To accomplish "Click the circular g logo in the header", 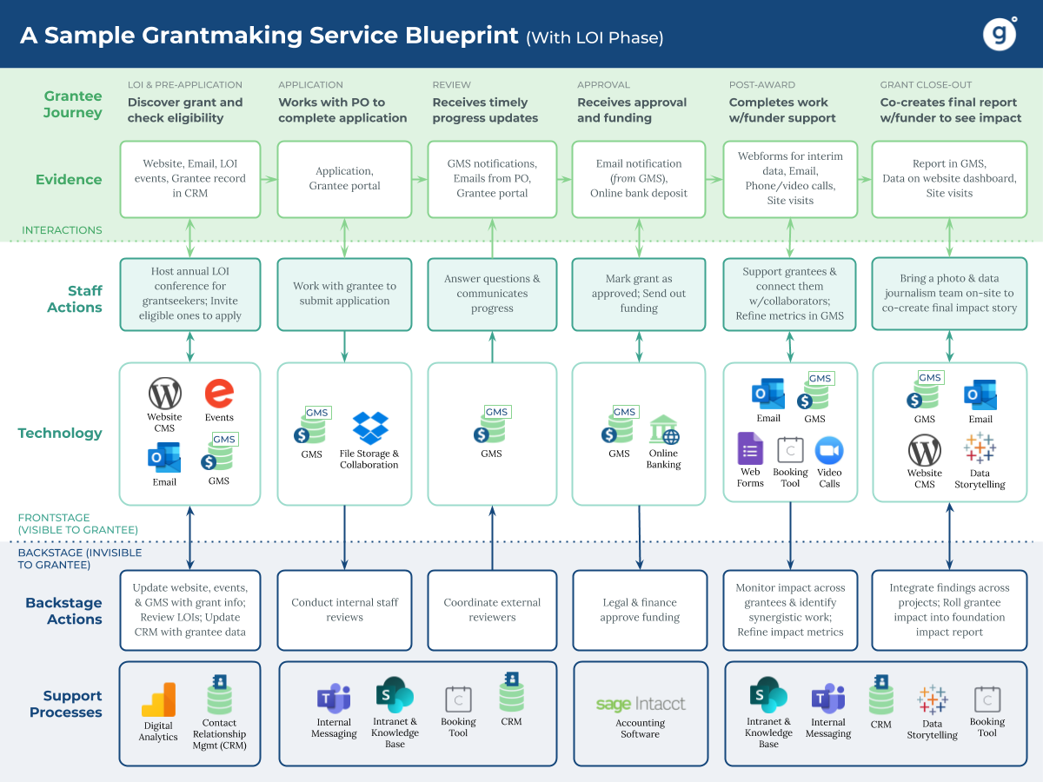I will pos(1000,34).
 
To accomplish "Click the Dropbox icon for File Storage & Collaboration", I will pos(370,427).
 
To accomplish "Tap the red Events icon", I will pos(219,394).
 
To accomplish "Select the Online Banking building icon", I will pos(664,430).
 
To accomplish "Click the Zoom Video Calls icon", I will pos(829,450).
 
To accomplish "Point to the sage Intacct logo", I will pos(641,704).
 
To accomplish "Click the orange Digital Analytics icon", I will pos(159,700).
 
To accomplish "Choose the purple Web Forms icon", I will pos(750,449).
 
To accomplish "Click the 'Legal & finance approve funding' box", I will pos(640,610).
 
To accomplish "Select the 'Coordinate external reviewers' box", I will pos(492,610).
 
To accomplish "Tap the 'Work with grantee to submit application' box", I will pos(345,294).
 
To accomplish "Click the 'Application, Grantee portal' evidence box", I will pos(345,179).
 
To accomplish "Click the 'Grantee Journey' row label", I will pos(73,104).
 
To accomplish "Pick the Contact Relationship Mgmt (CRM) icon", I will pos(219,696).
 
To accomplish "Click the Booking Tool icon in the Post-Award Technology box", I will pos(790,450).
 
